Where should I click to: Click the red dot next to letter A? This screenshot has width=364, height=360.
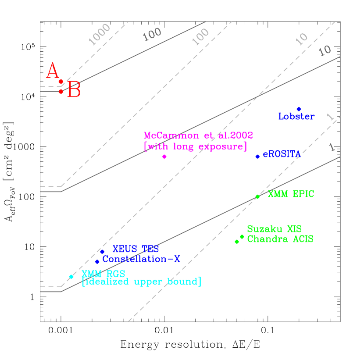(61, 82)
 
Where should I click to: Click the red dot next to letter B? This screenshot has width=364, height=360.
(61, 91)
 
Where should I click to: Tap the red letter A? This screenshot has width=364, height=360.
(53, 71)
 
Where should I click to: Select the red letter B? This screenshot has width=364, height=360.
(74, 91)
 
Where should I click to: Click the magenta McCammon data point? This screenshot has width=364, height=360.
(164, 157)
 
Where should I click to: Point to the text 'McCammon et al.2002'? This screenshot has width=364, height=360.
(198, 135)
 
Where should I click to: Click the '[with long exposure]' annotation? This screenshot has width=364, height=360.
(195, 146)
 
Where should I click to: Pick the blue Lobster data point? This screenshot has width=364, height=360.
(299, 109)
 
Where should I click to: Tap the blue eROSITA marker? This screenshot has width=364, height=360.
(257, 157)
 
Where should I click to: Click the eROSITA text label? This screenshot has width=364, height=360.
(282, 155)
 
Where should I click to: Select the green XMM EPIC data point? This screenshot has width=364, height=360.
(257, 196)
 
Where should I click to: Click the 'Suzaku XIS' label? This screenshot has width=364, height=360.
(274, 229)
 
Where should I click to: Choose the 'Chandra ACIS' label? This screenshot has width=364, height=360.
(280, 239)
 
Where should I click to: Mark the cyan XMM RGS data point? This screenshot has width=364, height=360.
(71, 276)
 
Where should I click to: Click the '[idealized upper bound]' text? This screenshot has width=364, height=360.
(141, 282)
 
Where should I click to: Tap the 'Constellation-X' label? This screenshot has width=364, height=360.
(141, 259)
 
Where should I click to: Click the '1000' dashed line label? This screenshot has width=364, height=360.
(100, 35)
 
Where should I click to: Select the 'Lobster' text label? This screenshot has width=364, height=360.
(296, 117)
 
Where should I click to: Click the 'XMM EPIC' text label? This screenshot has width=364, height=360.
(291, 194)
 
